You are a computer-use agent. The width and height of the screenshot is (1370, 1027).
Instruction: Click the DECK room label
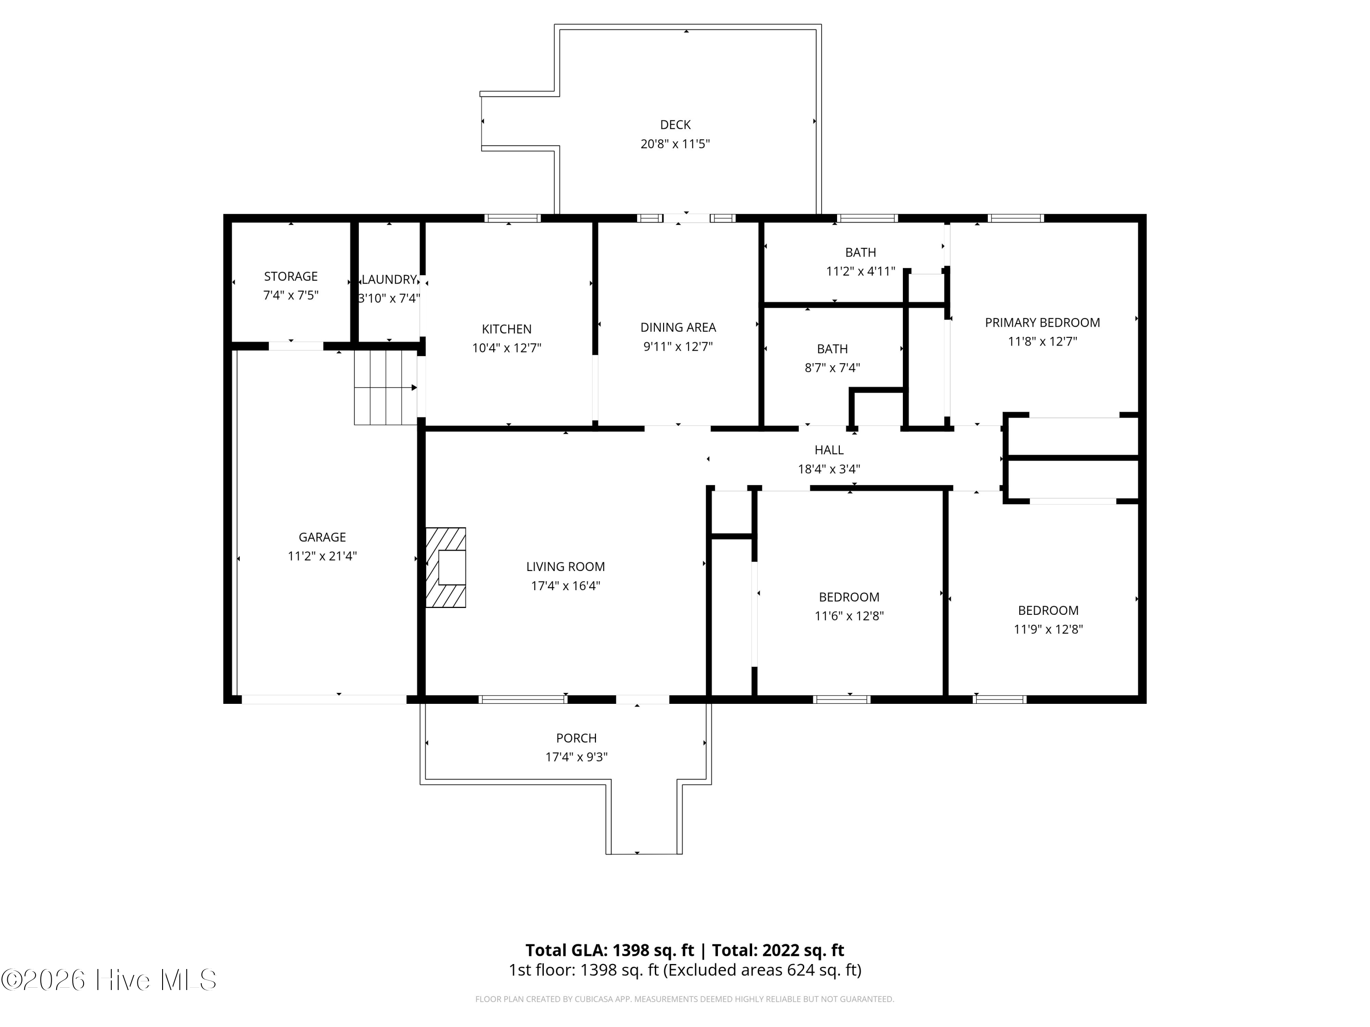coord(675,125)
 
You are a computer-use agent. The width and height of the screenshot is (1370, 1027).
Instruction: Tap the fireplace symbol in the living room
coord(446,567)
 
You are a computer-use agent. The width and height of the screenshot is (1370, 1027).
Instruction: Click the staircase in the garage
coord(386,388)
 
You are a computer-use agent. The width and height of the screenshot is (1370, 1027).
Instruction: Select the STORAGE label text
coord(290,277)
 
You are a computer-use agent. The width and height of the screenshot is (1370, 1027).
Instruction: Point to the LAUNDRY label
coord(389,280)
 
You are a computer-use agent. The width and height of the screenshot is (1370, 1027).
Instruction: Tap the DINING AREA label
coord(678,327)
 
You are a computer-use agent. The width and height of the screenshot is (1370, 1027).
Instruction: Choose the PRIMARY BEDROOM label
coord(1043,323)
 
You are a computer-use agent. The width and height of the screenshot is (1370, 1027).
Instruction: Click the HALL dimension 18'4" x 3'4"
coord(829,469)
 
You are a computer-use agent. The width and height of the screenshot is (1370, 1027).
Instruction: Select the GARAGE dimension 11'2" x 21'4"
coord(322,556)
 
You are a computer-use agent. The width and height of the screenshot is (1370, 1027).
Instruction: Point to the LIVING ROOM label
coord(565,567)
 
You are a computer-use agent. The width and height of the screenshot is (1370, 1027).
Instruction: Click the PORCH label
coord(576,739)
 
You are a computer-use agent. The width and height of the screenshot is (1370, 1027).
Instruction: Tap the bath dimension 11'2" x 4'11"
coord(860,272)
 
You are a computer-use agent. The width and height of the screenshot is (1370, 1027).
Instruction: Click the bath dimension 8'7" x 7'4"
coord(833,368)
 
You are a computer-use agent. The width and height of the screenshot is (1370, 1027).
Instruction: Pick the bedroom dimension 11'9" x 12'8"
coord(1048,629)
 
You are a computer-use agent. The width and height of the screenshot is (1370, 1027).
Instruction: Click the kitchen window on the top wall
coord(512,218)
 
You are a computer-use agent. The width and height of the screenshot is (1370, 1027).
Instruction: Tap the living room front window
coord(523,700)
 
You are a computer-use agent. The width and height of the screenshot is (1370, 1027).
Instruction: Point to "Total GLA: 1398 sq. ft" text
coord(610,950)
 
